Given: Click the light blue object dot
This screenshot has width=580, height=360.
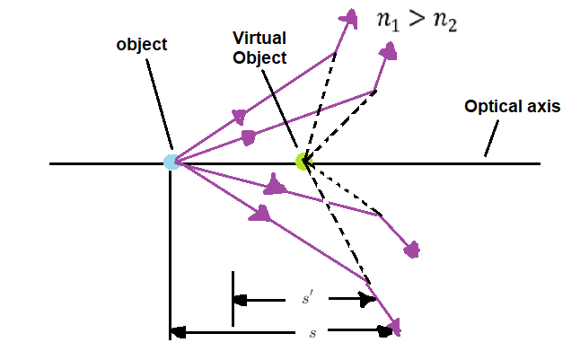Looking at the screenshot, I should [171, 162].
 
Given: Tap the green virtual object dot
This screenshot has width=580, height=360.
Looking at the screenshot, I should [303, 162].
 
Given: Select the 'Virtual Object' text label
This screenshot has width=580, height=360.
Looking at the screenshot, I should [259, 48].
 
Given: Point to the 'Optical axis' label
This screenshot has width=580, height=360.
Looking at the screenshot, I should [512, 106].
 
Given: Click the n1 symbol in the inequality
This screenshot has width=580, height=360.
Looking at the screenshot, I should [387, 22].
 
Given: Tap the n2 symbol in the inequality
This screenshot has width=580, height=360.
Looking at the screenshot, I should [444, 22].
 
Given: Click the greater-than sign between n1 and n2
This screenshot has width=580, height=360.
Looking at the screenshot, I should [416, 22].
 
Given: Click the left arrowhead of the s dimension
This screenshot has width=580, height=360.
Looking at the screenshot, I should [178, 332].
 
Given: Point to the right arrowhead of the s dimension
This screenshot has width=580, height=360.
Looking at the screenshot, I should [387, 332].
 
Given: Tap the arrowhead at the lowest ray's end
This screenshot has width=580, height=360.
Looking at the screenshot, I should [393, 326].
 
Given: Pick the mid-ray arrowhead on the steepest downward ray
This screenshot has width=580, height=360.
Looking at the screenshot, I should [260, 213].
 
